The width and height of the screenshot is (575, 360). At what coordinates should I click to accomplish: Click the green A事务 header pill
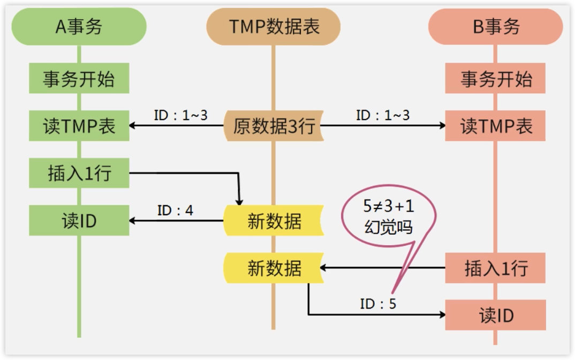pyautogui.click(x=79, y=26)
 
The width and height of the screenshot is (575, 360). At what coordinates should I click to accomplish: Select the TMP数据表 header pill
pyautogui.click(x=273, y=26)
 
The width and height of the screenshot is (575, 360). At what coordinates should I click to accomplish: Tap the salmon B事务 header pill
pyautogui.click(x=495, y=26)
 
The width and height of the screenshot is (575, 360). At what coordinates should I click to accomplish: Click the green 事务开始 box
pyautogui.click(x=79, y=78)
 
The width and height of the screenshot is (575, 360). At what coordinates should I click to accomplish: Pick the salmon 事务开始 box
pyautogui.click(x=495, y=78)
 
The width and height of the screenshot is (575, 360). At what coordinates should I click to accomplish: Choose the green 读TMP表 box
pyautogui.click(x=79, y=125)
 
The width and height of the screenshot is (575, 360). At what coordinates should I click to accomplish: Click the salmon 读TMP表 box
pyautogui.click(x=495, y=125)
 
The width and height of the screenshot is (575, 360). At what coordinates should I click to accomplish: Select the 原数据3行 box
pyautogui.click(x=274, y=125)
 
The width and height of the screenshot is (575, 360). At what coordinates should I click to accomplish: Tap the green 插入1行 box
pyautogui.click(x=79, y=173)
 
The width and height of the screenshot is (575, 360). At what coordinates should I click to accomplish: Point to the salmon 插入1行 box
pyautogui.click(x=495, y=268)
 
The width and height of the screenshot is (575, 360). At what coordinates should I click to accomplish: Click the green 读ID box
pyautogui.click(x=79, y=220)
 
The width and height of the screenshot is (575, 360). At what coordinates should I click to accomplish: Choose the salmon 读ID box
pyautogui.click(x=495, y=315)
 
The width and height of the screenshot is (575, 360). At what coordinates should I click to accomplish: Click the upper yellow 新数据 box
pyautogui.click(x=274, y=220)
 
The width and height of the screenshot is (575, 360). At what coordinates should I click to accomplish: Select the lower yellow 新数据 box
pyautogui.click(x=274, y=268)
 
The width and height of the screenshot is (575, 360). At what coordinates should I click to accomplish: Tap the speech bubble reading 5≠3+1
pyautogui.click(x=389, y=216)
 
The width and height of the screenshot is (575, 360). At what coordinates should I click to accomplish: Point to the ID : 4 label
pyautogui.click(x=175, y=211)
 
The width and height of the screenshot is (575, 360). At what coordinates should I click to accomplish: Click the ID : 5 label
pyautogui.click(x=378, y=304)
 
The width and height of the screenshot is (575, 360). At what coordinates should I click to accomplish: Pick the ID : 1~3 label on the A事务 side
pyautogui.click(x=180, y=115)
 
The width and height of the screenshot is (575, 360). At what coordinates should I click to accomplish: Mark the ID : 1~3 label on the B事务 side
pyautogui.click(x=382, y=115)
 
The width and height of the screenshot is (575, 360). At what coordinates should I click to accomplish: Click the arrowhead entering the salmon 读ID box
pyautogui.click(x=443, y=314)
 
